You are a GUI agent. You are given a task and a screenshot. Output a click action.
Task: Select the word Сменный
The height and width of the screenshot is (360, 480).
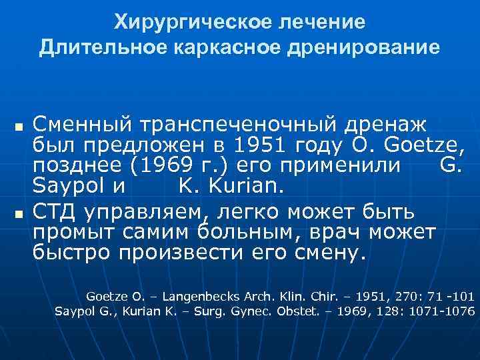81,124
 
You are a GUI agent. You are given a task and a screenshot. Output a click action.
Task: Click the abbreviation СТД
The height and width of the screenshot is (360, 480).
56,212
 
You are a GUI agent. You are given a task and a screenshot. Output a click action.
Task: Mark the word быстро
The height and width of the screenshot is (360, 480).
73,253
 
